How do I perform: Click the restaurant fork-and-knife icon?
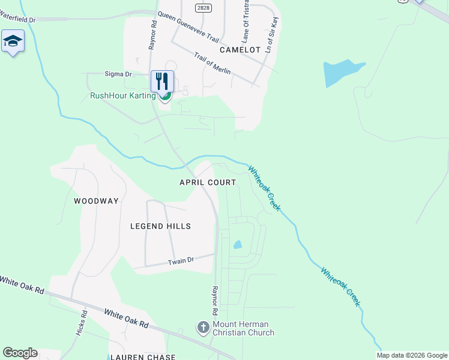[162, 81]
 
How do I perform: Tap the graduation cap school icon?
[13, 41]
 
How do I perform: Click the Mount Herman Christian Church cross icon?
[203, 328]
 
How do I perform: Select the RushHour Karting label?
[122, 95]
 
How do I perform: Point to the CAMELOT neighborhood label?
[240, 50]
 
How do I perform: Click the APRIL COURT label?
[208, 182]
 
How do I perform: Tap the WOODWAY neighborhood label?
[96, 201]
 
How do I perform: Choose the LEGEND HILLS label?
[161, 226]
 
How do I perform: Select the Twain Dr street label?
[181, 261]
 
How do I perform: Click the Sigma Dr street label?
[118, 74]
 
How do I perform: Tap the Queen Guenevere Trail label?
[188, 26]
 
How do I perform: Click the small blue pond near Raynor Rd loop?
[238, 245]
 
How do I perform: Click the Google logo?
[20, 353]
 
